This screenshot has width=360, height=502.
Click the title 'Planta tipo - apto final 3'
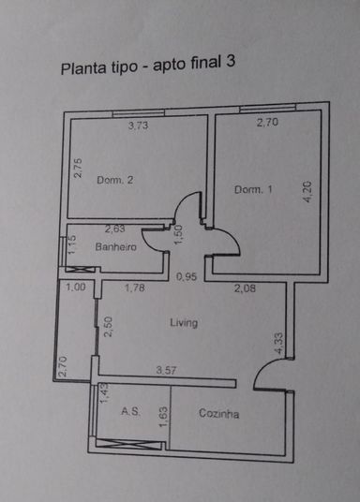coord(148,66)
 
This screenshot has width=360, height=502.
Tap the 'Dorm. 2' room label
coord(114,180)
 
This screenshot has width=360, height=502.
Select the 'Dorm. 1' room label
coord(253,189)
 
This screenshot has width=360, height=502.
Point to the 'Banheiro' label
coord(115,247)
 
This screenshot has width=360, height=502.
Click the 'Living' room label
coord(184,323)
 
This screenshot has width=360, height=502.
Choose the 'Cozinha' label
coord(219,413)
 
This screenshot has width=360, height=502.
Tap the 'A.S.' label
coord(130,411)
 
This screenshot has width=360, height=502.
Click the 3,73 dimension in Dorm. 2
coord(138,125)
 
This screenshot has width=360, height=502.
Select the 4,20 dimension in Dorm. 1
coord(307,191)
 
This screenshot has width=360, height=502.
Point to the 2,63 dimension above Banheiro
coord(114,229)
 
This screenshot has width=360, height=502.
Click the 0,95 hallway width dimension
coord(187,276)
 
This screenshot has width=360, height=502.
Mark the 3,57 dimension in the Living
coord(166,371)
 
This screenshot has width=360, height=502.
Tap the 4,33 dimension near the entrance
coord(278,344)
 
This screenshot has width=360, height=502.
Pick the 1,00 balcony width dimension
coord(76,287)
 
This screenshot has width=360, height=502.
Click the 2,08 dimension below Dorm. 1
coord(245,288)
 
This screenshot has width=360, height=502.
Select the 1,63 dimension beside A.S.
coord(163,417)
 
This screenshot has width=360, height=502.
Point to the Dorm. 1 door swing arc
coord(234,238)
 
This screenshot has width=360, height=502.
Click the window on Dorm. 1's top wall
coord(268,109)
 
